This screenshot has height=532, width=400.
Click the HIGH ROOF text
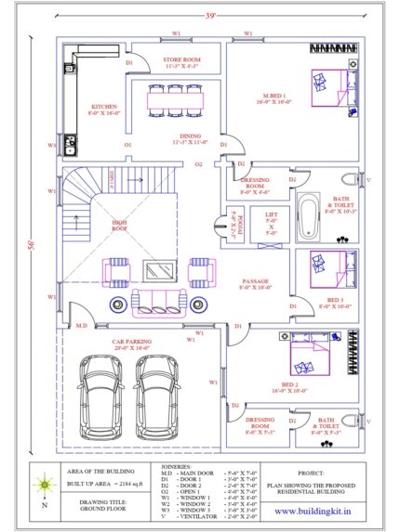(x=120, y=223)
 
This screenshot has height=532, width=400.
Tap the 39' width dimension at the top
(x=212, y=15)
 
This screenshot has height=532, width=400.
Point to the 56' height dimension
(x=33, y=245)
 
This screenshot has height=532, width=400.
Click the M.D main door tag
(x=81, y=326)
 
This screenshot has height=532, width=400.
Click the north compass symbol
(x=43, y=486)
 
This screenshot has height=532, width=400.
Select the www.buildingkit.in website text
(x=313, y=510)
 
